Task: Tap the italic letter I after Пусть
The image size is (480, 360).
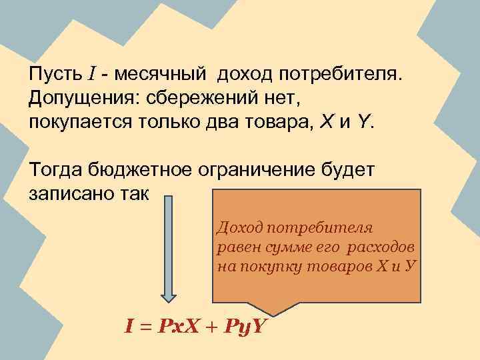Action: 92,73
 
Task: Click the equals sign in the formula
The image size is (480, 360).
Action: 147,327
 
